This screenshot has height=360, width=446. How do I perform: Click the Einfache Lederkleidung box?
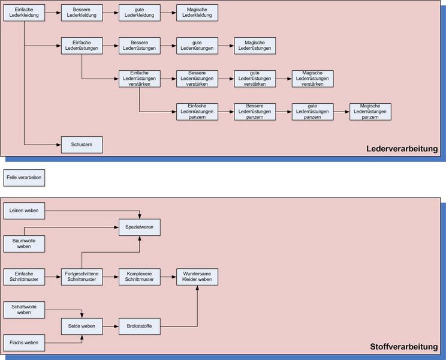click(x=24, y=13)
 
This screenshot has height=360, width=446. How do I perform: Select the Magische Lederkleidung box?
click(x=197, y=13)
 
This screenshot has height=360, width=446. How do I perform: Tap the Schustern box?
click(x=82, y=145)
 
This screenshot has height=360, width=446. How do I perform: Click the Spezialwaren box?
click(x=140, y=227)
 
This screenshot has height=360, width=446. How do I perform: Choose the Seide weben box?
click(x=82, y=326)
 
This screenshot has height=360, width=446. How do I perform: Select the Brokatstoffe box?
click(x=140, y=326)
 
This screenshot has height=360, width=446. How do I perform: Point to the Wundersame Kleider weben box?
click(x=197, y=277)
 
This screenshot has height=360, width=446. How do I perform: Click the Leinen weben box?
click(x=24, y=211)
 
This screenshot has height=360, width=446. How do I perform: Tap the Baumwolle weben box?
click(x=24, y=244)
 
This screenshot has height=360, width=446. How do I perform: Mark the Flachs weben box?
click(x=24, y=342)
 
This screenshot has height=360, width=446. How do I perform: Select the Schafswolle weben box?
click(x=24, y=310)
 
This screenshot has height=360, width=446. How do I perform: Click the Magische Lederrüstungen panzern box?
click(x=370, y=112)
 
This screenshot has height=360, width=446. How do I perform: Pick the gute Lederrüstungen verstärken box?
click(x=255, y=79)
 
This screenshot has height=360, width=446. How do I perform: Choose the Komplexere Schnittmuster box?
click(x=140, y=277)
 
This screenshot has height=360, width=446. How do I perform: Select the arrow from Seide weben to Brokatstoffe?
click(x=110, y=326)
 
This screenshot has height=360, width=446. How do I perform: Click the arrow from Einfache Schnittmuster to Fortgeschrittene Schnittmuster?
click(x=53, y=277)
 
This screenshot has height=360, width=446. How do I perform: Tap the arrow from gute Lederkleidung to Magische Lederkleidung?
click(x=168, y=13)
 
